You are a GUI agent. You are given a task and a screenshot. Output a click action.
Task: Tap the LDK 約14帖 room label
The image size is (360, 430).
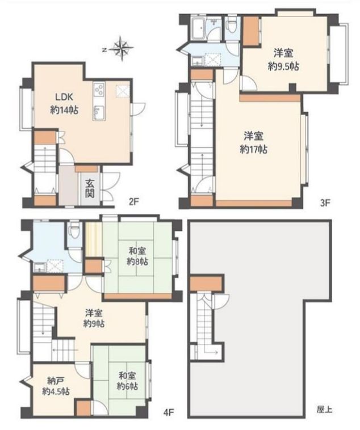(x=64, y=103)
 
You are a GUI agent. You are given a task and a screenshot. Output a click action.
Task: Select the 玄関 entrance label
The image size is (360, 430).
(x=90, y=188)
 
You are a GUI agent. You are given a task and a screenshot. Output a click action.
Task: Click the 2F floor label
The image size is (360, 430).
(x=134, y=202)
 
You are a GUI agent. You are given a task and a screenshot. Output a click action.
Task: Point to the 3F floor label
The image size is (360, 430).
(x=325, y=203)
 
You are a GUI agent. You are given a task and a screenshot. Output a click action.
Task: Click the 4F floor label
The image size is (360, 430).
(x=168, y=412)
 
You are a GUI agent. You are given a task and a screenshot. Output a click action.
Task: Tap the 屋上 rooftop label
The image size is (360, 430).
(x=324, y=410)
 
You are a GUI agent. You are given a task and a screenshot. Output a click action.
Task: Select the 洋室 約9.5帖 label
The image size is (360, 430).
(x=283, y=60)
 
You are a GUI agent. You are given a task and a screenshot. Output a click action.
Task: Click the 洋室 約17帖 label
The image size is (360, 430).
(x=253, y=142)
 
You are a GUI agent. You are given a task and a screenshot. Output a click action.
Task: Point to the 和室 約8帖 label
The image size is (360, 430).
(x=137, y=256)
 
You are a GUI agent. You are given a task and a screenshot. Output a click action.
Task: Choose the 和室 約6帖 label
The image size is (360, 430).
(x=127, y=381)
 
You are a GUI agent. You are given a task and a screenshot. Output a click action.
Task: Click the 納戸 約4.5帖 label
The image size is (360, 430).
(x=56, y=386)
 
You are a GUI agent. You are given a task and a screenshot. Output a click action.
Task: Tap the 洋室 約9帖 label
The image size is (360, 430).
(x=94, y=318)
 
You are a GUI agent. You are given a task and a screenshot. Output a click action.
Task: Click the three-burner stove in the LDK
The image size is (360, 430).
(x=99, y=90)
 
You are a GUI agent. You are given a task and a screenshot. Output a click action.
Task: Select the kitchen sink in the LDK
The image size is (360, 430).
(x=99, y=112)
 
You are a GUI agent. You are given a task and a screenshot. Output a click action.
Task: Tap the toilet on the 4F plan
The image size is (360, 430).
(x=74, y=230)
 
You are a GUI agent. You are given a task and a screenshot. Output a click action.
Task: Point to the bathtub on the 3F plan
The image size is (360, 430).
(x=198, y=28)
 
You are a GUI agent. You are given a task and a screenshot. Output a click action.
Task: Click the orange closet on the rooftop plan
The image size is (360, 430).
(x=206, y=284)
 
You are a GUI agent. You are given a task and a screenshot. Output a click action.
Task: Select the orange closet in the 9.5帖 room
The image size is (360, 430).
(x=251, y=31)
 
